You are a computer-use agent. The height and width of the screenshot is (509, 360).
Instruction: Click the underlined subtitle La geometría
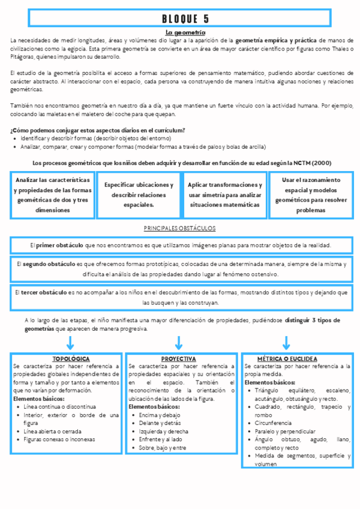point(185,32)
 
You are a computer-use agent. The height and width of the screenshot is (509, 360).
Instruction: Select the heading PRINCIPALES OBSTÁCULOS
point(180,229)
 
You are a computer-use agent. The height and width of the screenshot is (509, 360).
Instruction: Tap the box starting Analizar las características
point(53,195)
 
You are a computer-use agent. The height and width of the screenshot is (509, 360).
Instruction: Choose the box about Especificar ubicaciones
point(139,195)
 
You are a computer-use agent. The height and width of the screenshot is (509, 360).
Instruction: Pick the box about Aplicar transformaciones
point(224,195)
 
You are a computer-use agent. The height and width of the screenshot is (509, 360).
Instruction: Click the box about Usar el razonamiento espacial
point(311,195)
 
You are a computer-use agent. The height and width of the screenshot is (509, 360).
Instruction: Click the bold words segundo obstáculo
point(50,264)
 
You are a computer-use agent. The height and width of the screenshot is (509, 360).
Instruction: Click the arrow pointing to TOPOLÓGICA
point(70,343)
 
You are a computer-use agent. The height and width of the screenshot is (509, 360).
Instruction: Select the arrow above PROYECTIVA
point(179,343)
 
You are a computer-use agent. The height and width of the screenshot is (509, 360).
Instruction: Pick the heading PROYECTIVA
point(179,358)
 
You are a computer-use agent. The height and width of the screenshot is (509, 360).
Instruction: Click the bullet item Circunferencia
point(274,423)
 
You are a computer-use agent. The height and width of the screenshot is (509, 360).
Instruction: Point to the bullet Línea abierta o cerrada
point(53,431)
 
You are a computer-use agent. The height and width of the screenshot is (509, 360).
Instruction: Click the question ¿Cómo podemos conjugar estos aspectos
point(97,130)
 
